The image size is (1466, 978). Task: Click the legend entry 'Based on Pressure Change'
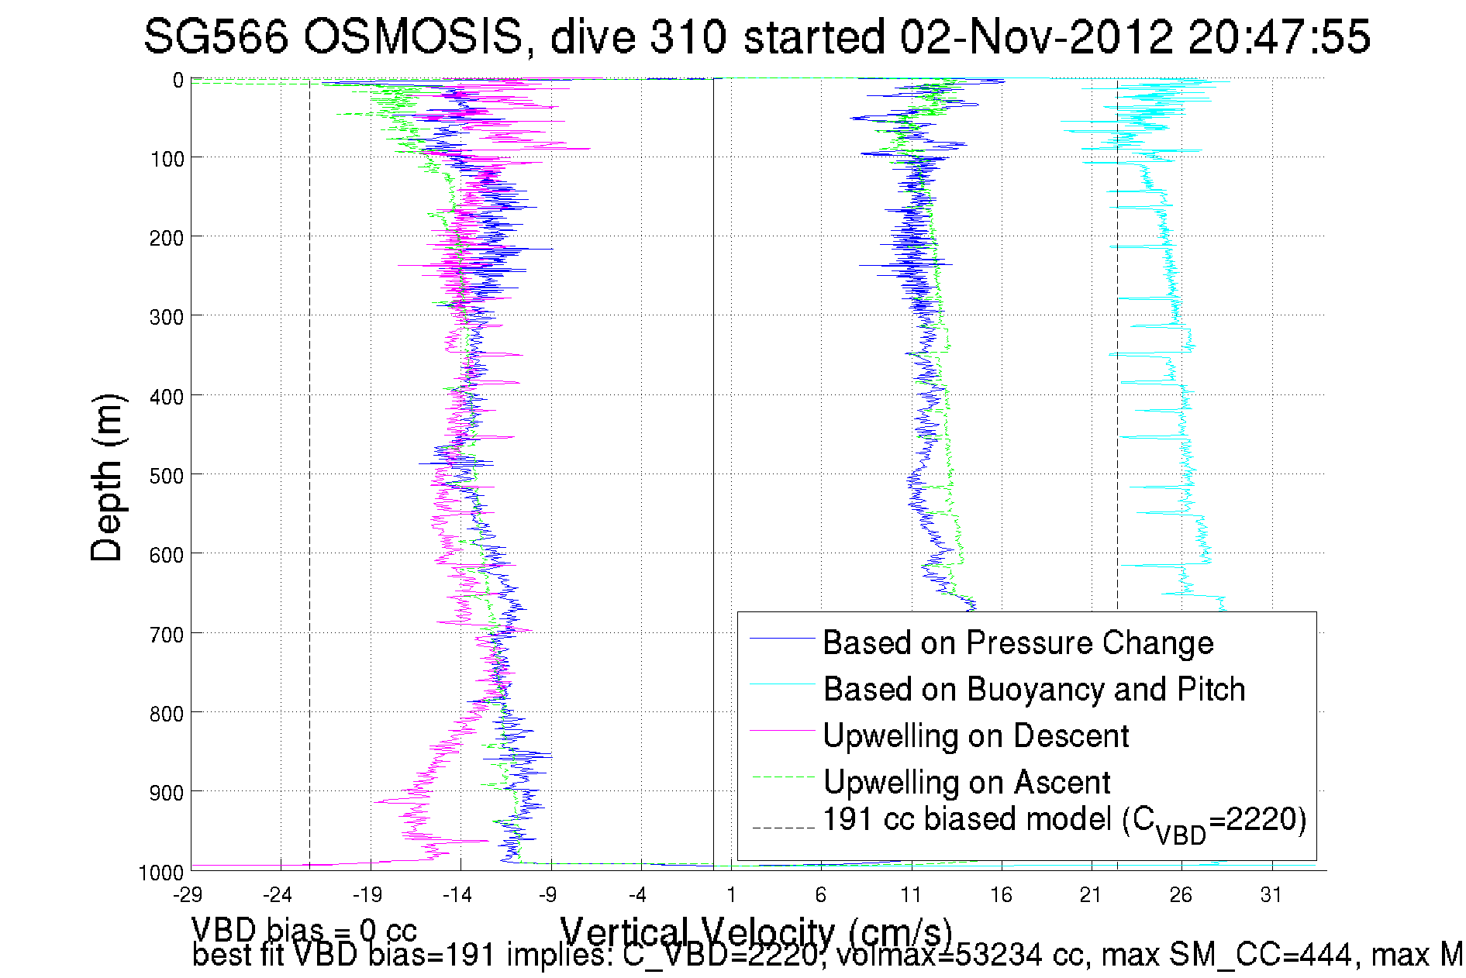1017,643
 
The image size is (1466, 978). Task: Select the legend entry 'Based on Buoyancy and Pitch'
1033,690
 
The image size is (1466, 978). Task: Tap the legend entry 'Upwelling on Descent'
975,736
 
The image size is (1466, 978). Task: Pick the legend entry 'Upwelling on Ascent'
966,783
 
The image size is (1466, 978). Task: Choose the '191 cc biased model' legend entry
1064,821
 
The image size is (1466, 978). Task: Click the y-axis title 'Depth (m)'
107,477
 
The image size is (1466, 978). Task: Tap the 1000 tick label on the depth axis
160,873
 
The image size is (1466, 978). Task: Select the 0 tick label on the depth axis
178,81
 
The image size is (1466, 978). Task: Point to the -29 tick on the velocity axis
188,896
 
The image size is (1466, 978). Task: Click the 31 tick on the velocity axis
1271,896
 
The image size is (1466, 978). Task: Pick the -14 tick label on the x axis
457,896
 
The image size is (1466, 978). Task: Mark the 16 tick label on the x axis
1001,896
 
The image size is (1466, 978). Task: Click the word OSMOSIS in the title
412,36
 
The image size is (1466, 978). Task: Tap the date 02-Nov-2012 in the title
1035,36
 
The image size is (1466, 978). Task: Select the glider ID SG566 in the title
216,36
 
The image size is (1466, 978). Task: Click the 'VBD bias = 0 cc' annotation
304,931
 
